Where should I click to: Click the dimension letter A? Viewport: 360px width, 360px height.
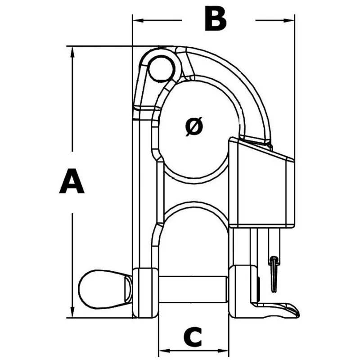(x=72, y=181)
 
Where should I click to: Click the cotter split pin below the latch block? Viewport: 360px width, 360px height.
(x=274, y=272)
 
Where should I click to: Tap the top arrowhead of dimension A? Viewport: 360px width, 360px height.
(x=72, y=50)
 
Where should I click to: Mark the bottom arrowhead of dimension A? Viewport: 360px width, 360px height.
(x=72, y=313)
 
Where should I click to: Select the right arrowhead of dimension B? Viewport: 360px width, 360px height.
(x=291, y=20)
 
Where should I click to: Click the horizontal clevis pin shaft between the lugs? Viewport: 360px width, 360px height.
(x=193, y=289)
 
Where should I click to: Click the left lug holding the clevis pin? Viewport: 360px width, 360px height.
(x=146, y=292)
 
